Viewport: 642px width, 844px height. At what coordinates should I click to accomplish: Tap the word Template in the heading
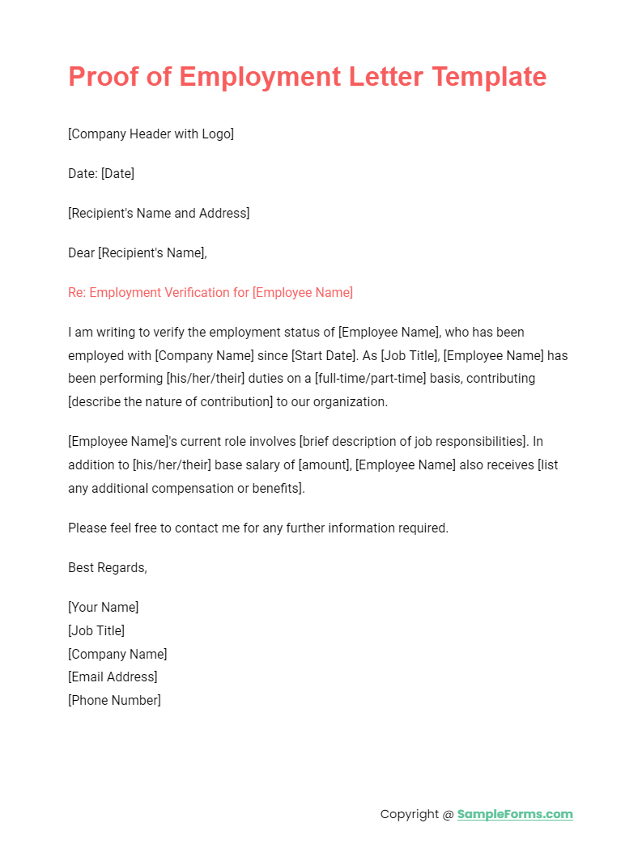point(491,77)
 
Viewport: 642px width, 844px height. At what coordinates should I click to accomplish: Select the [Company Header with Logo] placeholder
point(151,134)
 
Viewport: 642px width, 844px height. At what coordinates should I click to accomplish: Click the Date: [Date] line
point(101,173)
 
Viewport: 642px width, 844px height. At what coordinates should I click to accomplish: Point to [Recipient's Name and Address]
point(159,213)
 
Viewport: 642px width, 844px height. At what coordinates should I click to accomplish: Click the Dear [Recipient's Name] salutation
point(138,252)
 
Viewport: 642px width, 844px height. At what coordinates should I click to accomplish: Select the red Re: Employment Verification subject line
point(210,292)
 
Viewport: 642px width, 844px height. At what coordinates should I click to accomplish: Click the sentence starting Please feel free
point(257,528)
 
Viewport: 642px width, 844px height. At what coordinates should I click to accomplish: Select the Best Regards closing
point(108,567)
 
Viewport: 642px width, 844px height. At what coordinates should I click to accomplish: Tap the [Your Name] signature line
point(104,607)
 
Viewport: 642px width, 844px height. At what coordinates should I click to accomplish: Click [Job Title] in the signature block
point(96,630)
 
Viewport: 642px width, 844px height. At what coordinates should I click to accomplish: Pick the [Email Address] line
point(113,676)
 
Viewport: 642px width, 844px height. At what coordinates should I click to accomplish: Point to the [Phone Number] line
point(114,700)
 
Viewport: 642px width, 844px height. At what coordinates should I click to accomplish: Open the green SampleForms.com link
point(515,814)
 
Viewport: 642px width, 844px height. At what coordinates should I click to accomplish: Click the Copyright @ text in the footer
point(416,814)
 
